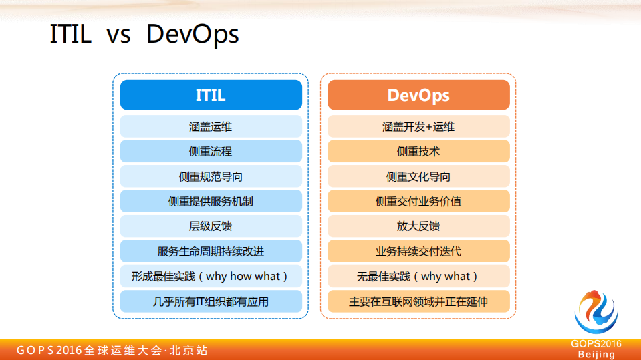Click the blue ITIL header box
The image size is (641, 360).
(x=211, y=95)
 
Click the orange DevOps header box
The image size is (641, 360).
(x=418, y=95)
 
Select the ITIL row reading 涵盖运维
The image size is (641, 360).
(x=211, y=126)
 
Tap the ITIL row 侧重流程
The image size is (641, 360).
(x=211, y=151)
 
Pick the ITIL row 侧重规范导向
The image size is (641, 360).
(x=211, y=176)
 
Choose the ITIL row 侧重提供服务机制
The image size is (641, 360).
(x=211, y=201)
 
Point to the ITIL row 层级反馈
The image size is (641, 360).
(x=211, y=226)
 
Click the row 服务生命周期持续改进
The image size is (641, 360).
(x=211, y=251)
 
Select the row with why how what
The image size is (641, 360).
(x=211, y=276)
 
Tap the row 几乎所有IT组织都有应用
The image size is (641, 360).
(x=211, y=301)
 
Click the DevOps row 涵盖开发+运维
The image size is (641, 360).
(x=418, y=126)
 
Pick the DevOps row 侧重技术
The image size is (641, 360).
(x=418, y=151)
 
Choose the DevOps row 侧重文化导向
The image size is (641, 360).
(x=418, y=176)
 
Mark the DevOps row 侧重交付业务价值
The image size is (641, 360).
(x=418, y=201)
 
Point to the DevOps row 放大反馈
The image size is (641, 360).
(x=418, y=226)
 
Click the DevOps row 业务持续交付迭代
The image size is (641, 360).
(x=418, y=251)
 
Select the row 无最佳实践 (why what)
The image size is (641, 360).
(x=418, y=276)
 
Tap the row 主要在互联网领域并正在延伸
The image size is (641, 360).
(x=418, y=301)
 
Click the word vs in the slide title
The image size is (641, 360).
(x=118, y=35)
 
